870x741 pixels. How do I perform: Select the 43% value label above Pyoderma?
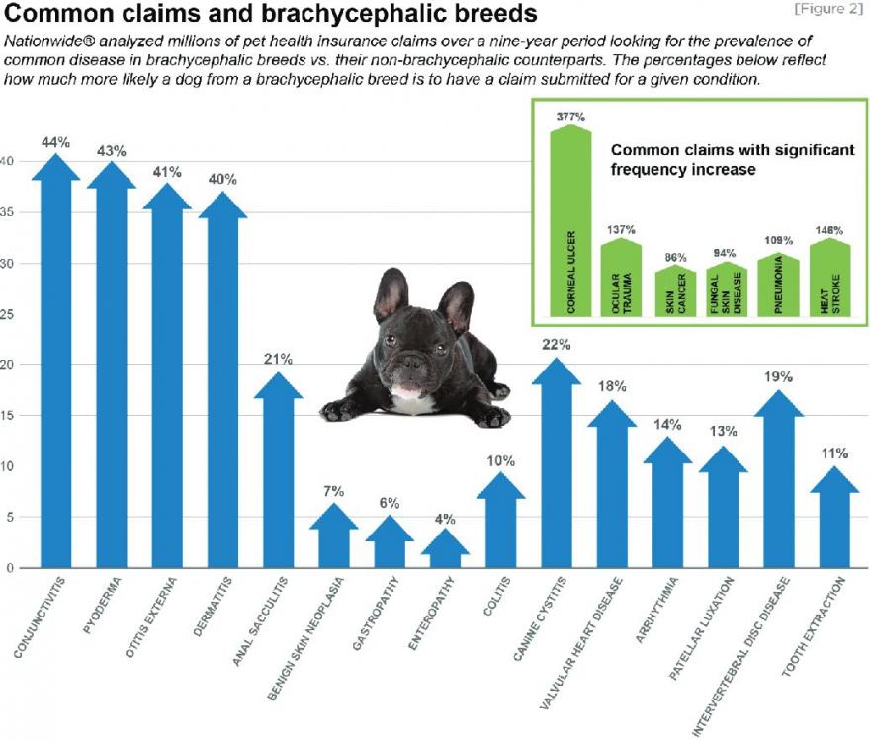pyautogui.click(x=112, y=151)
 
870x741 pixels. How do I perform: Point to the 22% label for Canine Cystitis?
pyautogui.click(x=556, y=344)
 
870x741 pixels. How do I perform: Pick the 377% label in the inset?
pyautogui.click(x=571, y=117)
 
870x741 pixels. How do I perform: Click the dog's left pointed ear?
pyautogui.click(x=391, y=293)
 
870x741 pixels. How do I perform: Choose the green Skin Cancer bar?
pyautogui.click(x=676, y=292)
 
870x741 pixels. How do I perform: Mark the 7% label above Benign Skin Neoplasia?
pyautogui.click(x=335, y=492)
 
